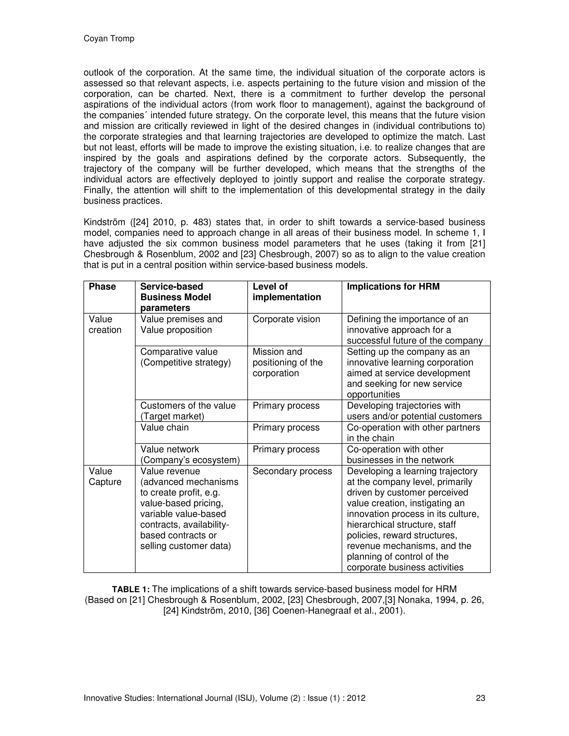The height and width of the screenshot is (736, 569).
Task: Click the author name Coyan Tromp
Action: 109,39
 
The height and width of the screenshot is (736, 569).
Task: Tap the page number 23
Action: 480,698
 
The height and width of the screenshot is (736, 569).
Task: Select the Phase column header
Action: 102,287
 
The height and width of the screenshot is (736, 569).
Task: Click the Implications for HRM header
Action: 393,287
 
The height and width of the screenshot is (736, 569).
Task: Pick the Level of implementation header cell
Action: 286,292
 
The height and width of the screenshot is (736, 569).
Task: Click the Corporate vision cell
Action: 286,319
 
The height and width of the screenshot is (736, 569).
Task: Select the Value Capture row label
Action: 105,477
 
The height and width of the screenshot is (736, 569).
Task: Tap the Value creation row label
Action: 105,324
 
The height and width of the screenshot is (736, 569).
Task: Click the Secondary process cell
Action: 292,471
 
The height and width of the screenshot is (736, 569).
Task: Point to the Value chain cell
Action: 164,428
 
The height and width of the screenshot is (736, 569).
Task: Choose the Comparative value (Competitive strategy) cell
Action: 185,357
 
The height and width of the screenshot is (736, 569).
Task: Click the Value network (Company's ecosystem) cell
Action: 190,455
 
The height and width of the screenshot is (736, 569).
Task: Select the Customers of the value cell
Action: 188,411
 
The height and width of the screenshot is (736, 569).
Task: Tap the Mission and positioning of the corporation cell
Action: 288,363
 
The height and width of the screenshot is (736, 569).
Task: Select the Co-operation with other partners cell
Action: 413,433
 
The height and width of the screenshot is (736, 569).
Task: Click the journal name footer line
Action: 224,698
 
